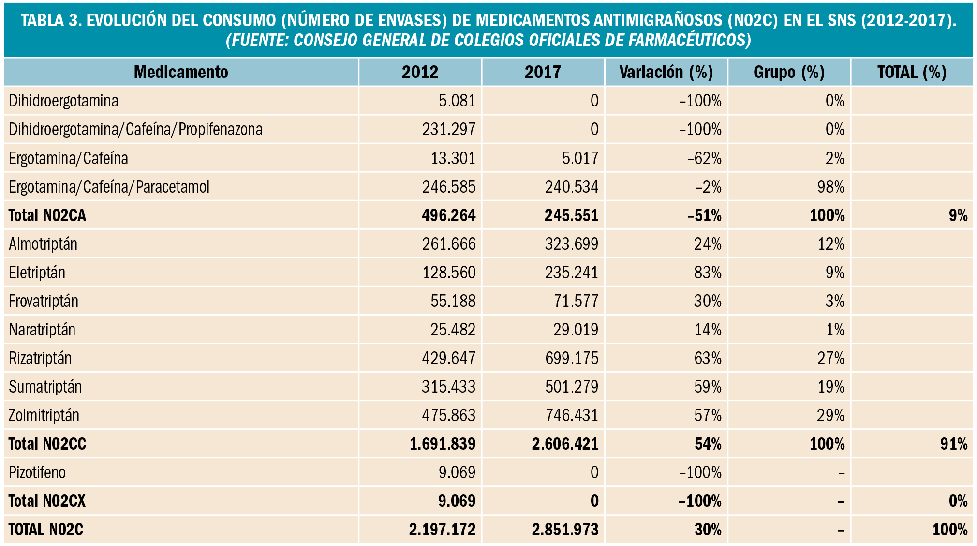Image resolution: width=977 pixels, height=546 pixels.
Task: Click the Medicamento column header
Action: (181, 72)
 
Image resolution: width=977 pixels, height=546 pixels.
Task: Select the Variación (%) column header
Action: (666, 72)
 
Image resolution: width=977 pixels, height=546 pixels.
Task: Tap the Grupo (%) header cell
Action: (789, 72)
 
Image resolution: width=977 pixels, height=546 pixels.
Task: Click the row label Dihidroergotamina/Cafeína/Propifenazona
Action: (135, 129)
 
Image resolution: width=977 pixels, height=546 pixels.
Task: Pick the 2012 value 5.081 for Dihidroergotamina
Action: (457, 101)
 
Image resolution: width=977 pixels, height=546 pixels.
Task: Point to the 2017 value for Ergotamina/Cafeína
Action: (580, 158)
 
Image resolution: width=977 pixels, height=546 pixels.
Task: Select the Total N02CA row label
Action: (47, 215)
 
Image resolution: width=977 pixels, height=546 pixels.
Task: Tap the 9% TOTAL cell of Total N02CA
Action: (958, 215)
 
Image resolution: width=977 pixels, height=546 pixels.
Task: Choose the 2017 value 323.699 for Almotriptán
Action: (571, 243)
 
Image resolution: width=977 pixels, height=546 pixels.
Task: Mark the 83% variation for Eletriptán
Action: (708, 272)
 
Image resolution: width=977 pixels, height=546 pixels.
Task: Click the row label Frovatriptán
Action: (44, 301)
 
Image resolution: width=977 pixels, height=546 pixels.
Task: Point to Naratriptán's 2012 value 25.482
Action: (453, 329)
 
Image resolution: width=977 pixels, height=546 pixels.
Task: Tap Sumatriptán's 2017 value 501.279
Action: (571, 386)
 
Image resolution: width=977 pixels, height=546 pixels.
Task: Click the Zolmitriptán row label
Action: (44, 415)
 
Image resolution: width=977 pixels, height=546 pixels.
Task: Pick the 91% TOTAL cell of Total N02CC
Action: (954, 443)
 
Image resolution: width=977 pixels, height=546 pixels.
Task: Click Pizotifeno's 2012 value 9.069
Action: (457, 472)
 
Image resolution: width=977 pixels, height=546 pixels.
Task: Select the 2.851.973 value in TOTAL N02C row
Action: (565, 529)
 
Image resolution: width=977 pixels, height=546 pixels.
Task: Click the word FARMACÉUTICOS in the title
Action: (689, 40)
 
